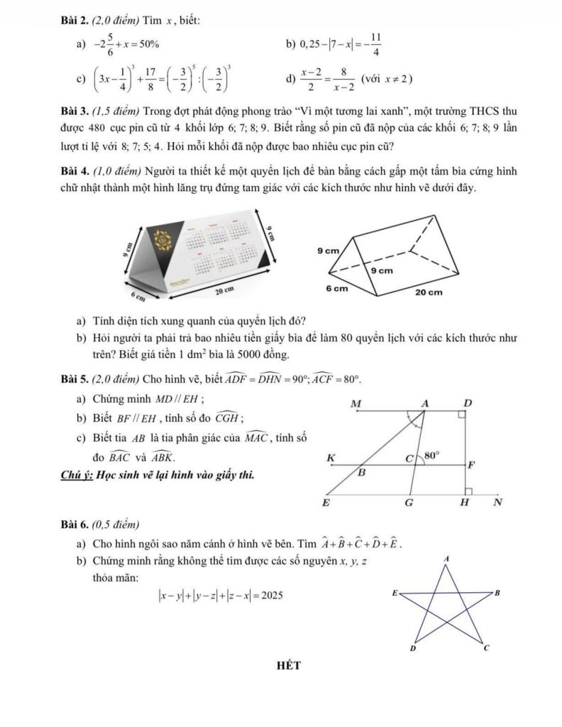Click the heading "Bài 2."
point(73,19)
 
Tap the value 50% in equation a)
point(147,45)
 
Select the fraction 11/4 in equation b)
point(376,44)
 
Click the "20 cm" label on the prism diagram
point(429,292)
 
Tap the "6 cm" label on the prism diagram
point(336,289)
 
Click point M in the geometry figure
point(356,403)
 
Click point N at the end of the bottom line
point(497,503)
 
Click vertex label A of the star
point(446,560)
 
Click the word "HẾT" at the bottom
point(289,665)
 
